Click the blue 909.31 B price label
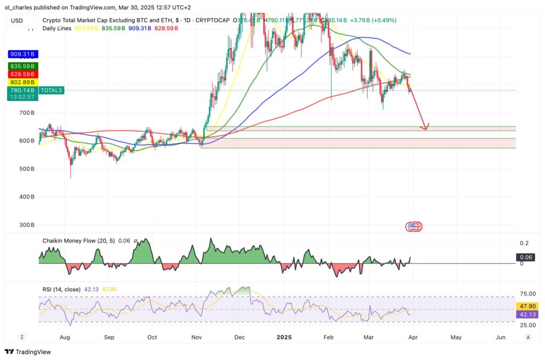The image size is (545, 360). pos(21,54)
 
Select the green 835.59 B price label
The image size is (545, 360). pos(21,66)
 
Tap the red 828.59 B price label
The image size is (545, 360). pos(21,74)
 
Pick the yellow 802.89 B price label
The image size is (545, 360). pos(21,82)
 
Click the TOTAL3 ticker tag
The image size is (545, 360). pos(52,91)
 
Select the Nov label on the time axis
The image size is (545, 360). pos(196,337)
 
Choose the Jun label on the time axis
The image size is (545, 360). pos(500,337)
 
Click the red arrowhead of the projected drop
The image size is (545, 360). pos(425,127)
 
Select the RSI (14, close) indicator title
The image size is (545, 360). pos(61,289)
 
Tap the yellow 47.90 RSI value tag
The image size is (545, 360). pos(527,306)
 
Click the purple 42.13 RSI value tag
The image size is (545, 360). pos(527,314)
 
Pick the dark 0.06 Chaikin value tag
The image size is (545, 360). pos(526,257)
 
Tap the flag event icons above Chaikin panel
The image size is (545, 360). pos(414,226)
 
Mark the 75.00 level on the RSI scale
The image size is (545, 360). pos(527,293)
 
